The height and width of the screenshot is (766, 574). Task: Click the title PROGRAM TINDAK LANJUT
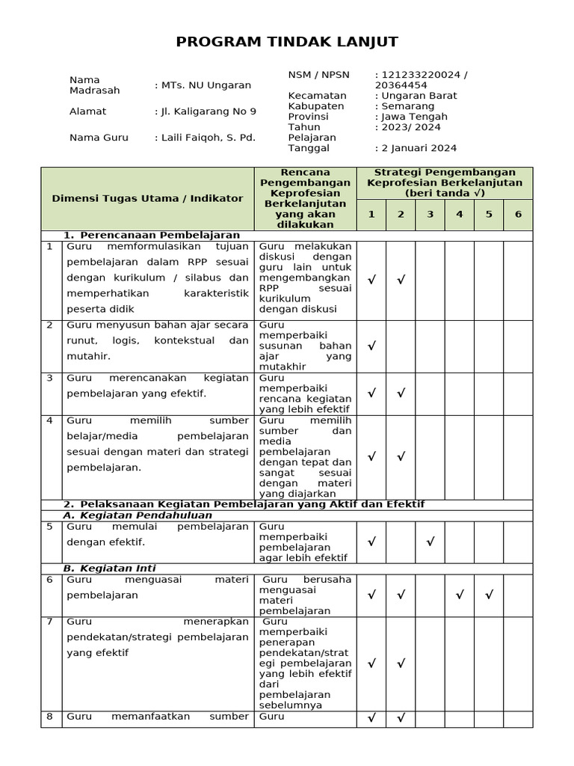click(287, 42)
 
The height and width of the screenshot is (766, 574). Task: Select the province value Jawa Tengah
click(414, 117)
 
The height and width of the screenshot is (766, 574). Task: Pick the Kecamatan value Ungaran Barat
click(419, 96)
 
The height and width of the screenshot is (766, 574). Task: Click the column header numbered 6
click(518, 215)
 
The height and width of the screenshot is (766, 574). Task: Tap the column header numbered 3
click(430, 215)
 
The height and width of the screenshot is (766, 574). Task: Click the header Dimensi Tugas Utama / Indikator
click(147, 198)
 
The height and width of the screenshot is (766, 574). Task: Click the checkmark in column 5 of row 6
click(489, 595)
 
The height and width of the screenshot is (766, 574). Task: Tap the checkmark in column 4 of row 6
click(460, 595)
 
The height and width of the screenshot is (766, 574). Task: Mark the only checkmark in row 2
click(371, 346)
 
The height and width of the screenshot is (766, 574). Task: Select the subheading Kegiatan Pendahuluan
click(138, 515)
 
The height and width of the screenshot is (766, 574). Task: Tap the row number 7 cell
click(50, 622)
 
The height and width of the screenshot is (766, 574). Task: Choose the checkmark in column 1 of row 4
click(371, 457)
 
